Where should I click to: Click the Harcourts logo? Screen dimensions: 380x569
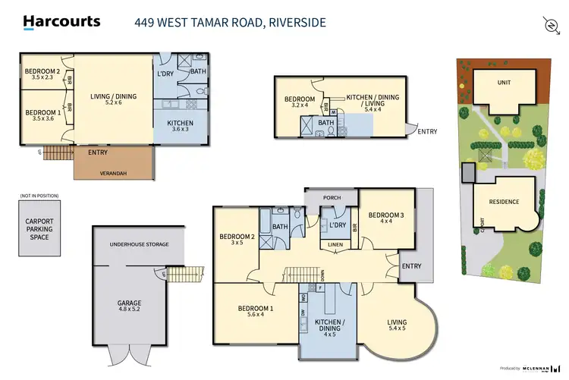click(61, 22)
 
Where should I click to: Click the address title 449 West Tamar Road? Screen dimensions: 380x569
click(230, 22)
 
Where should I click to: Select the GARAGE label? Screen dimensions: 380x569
click(129, 303)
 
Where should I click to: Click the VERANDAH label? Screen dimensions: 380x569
click(114, 171)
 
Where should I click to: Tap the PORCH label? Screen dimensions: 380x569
click(331, 198)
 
